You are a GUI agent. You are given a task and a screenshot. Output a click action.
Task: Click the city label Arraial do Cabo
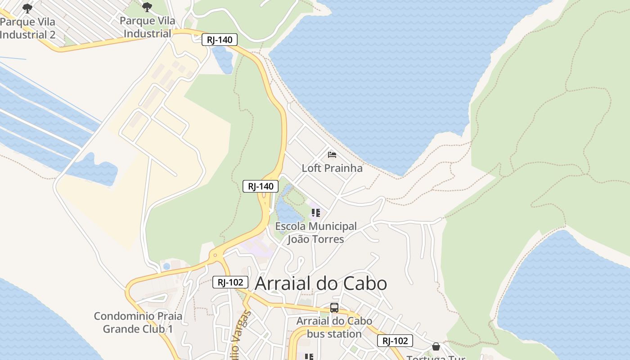[x=321, y=283]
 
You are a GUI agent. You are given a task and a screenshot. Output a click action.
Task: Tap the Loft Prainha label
[x=332, y=168]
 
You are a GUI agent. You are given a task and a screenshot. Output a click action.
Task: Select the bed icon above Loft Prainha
[x=332, y=155]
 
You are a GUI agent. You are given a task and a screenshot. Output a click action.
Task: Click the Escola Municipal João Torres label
[x=316, y=233]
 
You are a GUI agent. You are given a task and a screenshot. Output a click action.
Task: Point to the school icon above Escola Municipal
[x=315, y=213]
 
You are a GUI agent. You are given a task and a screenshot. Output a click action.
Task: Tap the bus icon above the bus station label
[x=334, y=308]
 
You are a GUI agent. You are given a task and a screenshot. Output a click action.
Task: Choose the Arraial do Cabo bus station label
[x=334, y=327]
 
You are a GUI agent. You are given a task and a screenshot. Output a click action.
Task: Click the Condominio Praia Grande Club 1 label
[x=138, y=322]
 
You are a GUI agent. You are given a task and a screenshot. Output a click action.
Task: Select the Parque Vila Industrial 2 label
[x=28, y=28]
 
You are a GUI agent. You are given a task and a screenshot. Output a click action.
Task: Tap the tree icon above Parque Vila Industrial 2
[x=27, y=8]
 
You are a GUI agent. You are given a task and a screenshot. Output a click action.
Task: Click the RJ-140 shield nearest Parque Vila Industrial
[x=220, y=40]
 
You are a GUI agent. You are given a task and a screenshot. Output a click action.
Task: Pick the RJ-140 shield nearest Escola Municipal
[x=261, y=186]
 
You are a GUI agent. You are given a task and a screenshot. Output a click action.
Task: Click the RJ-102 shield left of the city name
[x=230, y=282]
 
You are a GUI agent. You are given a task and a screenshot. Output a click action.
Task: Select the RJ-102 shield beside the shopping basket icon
[x=395, y=341]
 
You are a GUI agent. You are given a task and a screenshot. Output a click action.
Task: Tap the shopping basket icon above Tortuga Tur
[x=436, y=346]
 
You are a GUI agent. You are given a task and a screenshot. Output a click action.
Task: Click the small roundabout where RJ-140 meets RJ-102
[x=215, y=255]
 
